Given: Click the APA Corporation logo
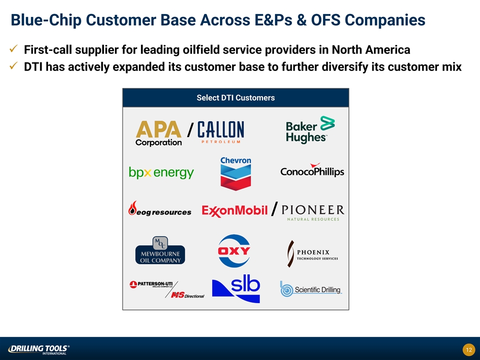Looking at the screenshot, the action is coord(158,133).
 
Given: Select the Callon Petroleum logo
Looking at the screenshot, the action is coord(220,132).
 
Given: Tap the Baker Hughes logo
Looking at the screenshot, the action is coord(310,129).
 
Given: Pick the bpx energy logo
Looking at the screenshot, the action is coord(161,172).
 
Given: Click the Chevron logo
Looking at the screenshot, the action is coord(235,173).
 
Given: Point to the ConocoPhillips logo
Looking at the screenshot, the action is coord(312,170).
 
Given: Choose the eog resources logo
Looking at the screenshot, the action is coord(160,209).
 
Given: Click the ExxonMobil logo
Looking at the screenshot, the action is coord(234,210).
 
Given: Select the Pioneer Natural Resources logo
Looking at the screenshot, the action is coord(313,213).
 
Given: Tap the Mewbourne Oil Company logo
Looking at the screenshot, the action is coord(160,250).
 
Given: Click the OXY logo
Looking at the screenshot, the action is coord(234,250).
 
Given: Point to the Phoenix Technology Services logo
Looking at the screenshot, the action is coord(312,254).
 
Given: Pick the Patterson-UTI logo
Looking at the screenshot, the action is coord(151,284).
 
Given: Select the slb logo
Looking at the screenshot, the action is coord(236,288).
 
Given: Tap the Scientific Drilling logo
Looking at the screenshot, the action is coord(311,289).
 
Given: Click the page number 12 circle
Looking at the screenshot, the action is coord(468,349).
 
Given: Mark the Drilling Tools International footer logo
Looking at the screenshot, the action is coord(38,349).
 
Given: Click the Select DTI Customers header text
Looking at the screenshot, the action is coord(235,97).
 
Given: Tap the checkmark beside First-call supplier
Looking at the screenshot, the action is coord(13,48).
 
